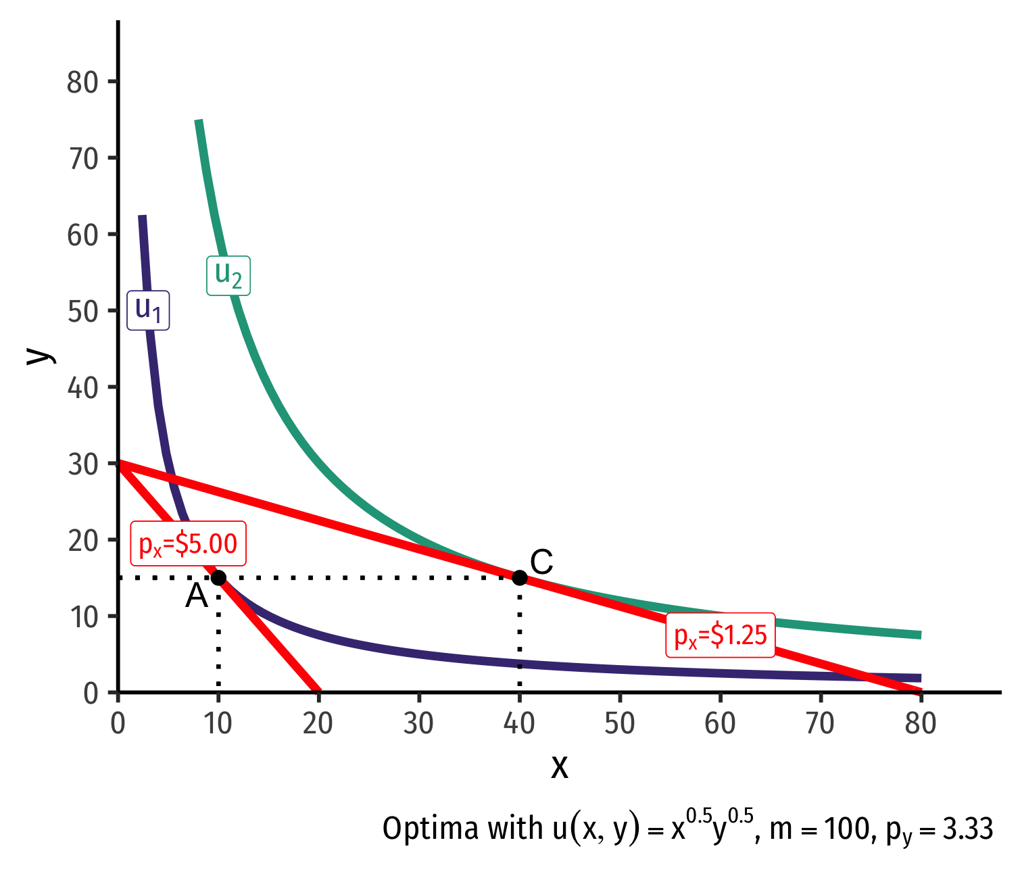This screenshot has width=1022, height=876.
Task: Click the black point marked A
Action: pyautogui.click(x=218, y=577)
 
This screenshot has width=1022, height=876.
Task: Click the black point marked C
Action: pyautogui.click(x=519, y=577)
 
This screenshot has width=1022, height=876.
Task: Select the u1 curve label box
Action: pyautogui.click(x=148, y=310)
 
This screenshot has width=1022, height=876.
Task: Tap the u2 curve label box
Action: pyautogui.click(x=228, y=275)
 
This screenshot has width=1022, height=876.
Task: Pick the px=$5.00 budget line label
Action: pyautogui.click(x=188, y=543)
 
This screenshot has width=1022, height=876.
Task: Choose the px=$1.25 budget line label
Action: pyautogui.click(x=721, y=635)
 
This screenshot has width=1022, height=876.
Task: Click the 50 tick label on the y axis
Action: pyautogui.click(x=83, y=312)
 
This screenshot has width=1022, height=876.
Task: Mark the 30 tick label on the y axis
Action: pyautogui.click(x=83, y=464)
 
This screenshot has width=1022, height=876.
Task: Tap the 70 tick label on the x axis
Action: pyautogui.click(x=821, y=724)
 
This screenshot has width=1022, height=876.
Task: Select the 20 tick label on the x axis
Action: pyautogui.click(x=318, y=724)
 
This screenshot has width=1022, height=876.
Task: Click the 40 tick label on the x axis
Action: pyautogui.click(x=519, y=724)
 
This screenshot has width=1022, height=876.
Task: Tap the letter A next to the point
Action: pyautogui.click(x=197, y=597)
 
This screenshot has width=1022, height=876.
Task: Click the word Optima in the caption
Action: pyautogui.click(x=422, y=829)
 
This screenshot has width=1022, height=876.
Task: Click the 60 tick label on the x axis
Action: pyautogui.click(x=720, y=724)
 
